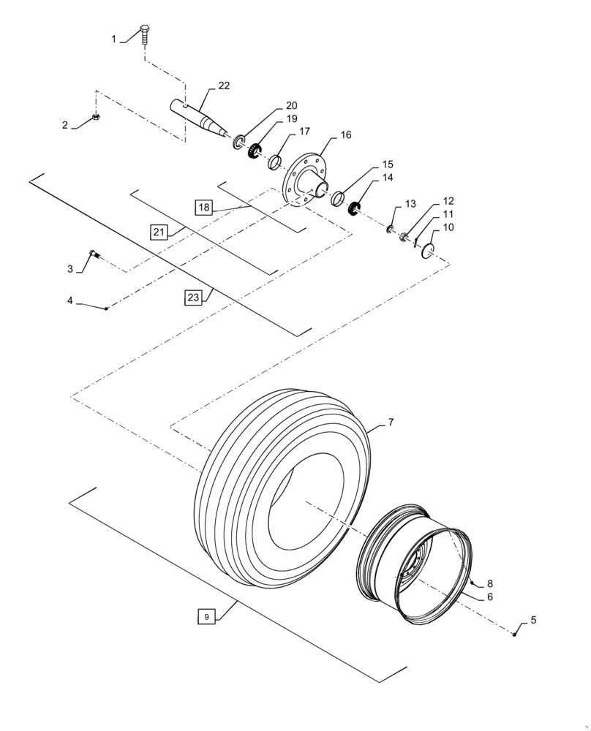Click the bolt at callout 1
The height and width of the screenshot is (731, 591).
tap(145, 33)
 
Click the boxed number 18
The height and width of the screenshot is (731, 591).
tap(203, 208)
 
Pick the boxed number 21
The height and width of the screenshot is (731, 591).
tap(158, 232)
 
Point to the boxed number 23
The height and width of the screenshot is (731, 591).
tap(192, 298)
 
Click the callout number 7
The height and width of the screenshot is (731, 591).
tap(391, 423)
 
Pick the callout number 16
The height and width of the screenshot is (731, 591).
tap(345, 135)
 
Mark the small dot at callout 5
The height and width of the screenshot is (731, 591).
tap(515, 633)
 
